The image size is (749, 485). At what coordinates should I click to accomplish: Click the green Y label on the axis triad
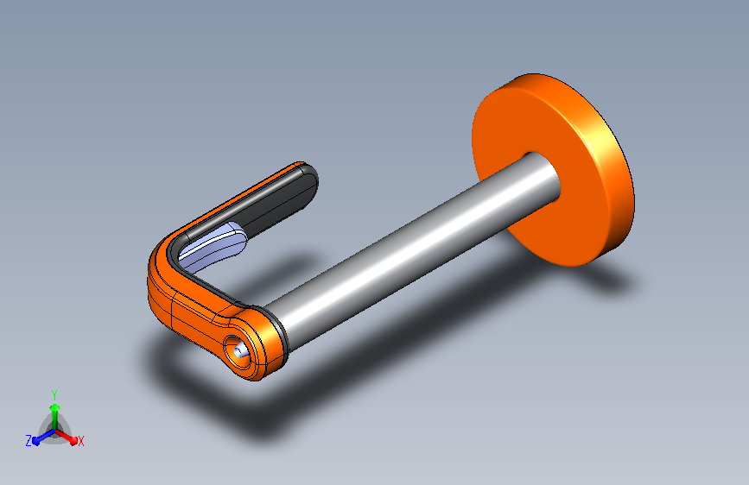54,395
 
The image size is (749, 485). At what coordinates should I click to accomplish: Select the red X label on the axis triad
80,441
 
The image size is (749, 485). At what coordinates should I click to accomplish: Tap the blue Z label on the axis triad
29,441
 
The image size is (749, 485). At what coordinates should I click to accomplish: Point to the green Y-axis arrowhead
54,407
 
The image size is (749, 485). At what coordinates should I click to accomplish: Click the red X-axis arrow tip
73,440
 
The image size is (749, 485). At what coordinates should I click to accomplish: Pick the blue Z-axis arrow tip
35,441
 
